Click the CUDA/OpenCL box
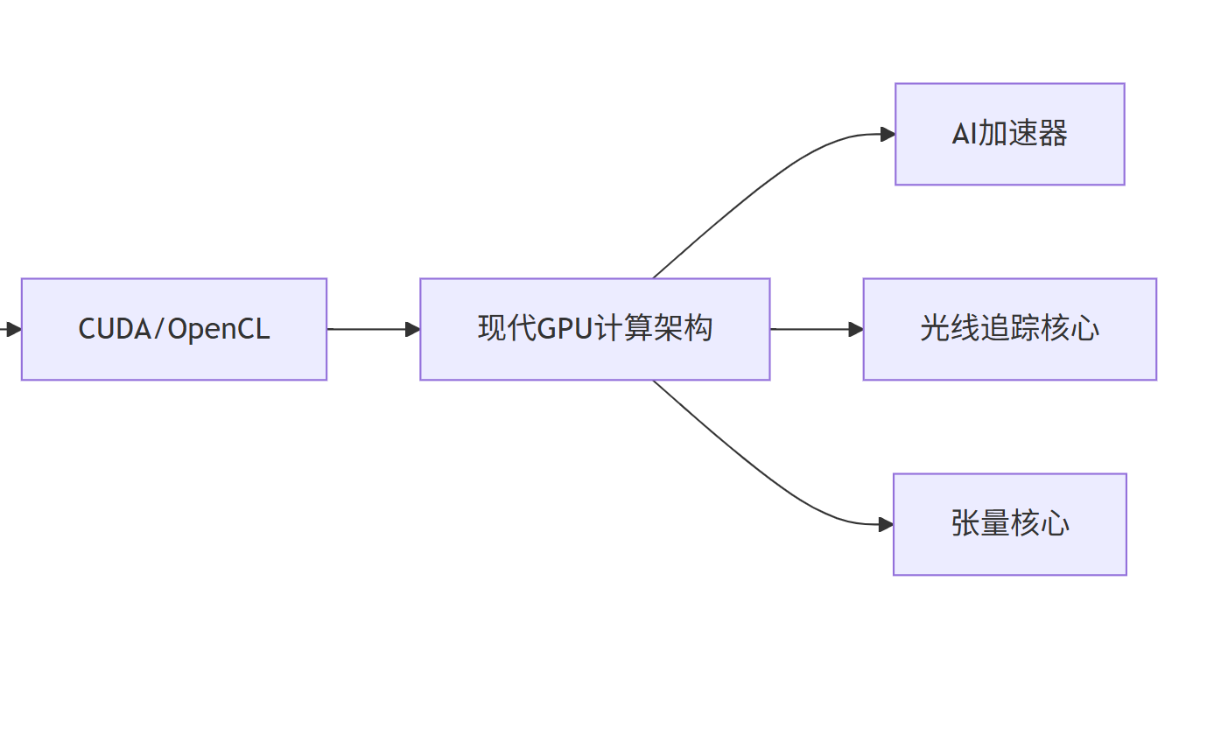tap(173, 329)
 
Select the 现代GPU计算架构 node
tap(594, 329)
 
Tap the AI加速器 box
tap(1009, 134)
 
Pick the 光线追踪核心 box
tap(1009, 329)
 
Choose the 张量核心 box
tap(1009, 524)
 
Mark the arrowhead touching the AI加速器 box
tap(887, 134)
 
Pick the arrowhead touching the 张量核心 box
tap(885, 524)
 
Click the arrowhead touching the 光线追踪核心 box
tap(855, 329)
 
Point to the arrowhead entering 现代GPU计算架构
tap(412, 329)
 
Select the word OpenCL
tap(218, 329)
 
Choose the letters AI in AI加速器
tap(964, 134)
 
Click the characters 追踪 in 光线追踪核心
tap(1009, 329)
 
